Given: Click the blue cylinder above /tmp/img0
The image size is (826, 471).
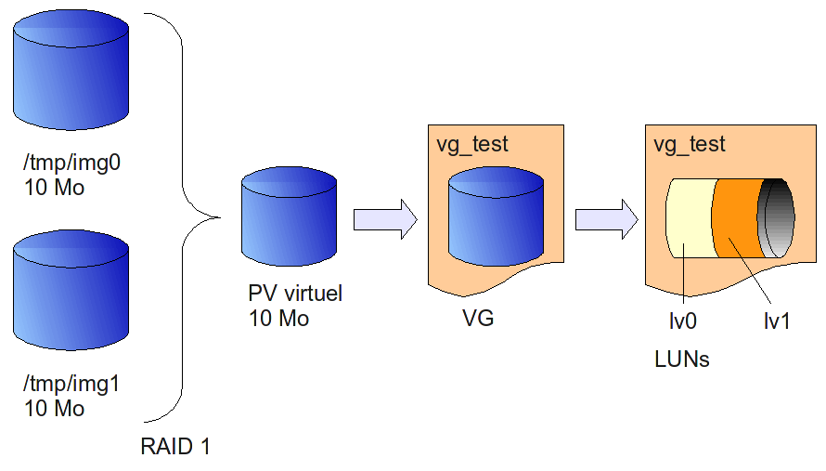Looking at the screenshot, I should pos(71,74).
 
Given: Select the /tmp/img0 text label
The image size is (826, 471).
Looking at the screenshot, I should pos(72,164).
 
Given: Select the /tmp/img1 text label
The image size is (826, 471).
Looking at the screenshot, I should pos(72,384).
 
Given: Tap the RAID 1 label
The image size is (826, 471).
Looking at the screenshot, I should pos(175,447).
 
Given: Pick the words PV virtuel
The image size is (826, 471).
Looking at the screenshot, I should pos(295,294).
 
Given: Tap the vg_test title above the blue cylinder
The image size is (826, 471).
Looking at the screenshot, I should pos(472,145).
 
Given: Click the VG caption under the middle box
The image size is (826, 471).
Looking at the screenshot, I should pos(478,320).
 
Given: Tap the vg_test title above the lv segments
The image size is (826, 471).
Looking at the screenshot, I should pos(690,145).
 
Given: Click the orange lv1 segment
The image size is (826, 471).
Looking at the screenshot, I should pos(735,219).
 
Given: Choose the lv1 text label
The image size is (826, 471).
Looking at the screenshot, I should pos(776,321).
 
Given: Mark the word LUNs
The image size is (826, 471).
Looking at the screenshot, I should pos(682,359).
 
